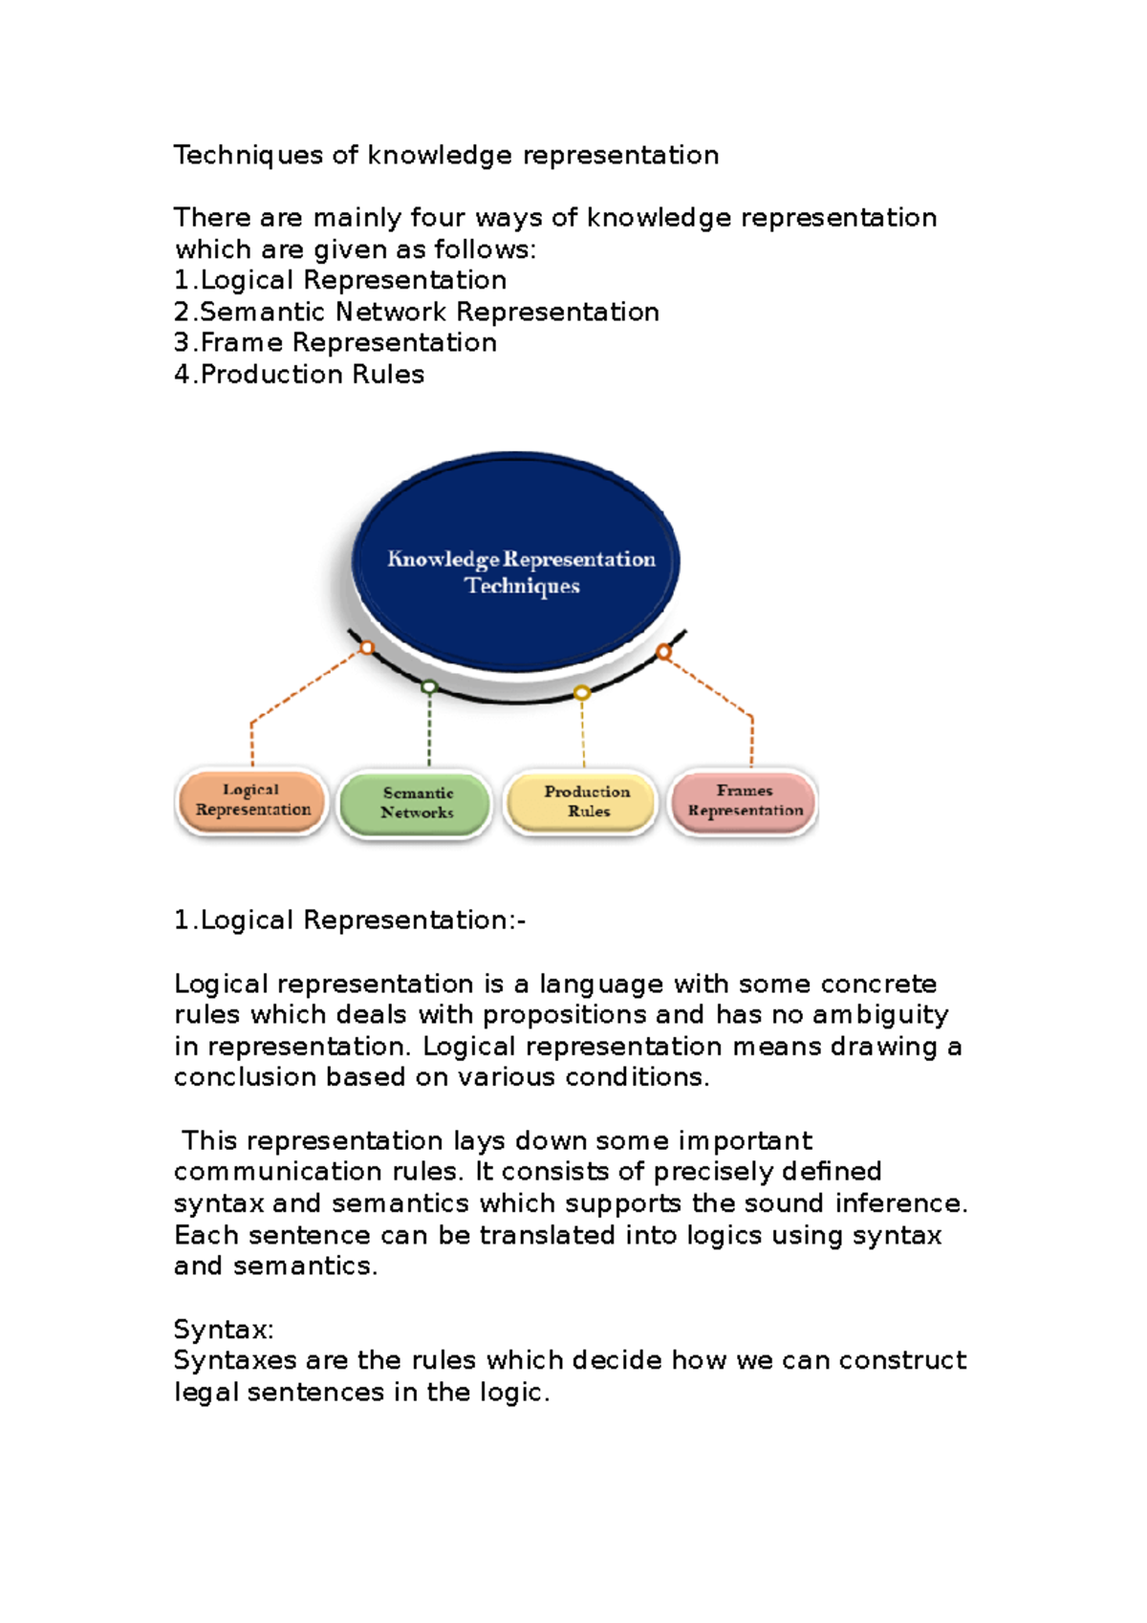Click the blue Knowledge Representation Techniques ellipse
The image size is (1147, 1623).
(516, 564)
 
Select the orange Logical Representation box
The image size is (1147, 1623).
(253, 801)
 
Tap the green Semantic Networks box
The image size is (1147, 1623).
(417, 803)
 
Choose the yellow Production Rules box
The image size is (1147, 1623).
(583, 801)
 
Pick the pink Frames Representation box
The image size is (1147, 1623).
(745, 801)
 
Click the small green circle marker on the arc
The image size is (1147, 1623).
(429, 687)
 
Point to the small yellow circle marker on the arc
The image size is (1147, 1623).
(581, 693)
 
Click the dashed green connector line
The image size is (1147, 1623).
(429, 731)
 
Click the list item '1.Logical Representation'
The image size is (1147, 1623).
(340, 280)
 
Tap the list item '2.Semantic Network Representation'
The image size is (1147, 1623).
(417, 312)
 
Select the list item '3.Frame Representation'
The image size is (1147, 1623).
(335, 342)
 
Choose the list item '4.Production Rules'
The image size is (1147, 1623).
(299, 374)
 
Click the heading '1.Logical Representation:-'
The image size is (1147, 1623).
(350, 920)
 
